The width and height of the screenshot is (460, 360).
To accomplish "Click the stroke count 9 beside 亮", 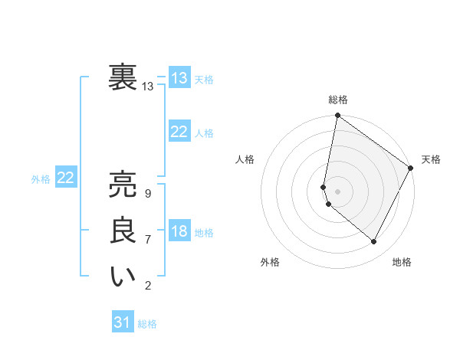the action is [147, 194].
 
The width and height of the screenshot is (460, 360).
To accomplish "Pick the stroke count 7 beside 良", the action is [147, 240].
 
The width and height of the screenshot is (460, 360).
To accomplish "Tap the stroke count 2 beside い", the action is [147, 286].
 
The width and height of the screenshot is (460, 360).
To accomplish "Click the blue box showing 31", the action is [123, 322].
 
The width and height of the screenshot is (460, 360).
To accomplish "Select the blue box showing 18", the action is [179, 232].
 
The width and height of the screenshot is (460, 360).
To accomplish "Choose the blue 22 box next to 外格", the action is [65, 178].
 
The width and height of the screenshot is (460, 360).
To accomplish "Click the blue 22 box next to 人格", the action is [179, 133].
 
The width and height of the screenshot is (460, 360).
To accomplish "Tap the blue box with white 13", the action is [179, 78].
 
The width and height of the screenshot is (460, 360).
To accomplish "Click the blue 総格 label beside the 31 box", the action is [147, 324].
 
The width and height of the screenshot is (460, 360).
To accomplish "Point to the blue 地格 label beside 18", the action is [204, 233].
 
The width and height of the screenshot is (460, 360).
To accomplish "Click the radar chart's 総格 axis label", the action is [338, 100].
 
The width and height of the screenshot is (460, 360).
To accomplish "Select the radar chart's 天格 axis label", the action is [431, 159].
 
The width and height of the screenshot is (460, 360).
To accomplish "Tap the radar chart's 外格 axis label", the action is [270, 262].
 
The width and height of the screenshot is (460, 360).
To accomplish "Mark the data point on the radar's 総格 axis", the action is [337, 116].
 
